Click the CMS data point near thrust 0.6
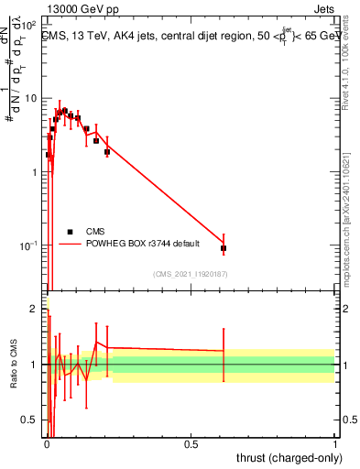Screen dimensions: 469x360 [224, 248]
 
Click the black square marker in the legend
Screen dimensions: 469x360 [71, 232]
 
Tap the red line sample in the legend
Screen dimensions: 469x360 [71, 245]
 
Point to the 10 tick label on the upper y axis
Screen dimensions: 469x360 [29, 98]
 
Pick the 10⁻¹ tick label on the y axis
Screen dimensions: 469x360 [27, 245]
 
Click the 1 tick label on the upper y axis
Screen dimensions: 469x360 [34, 172]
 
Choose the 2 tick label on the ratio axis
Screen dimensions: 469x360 [34, 310]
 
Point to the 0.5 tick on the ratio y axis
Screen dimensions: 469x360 [29, 420]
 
